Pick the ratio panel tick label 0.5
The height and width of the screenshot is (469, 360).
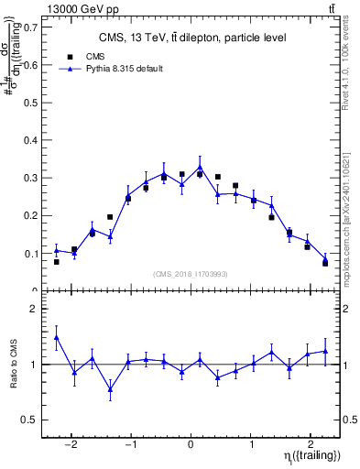click(31, 420)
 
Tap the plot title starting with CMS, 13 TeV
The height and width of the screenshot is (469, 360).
click(191, 38)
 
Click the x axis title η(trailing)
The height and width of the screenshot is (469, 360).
click(310, 454)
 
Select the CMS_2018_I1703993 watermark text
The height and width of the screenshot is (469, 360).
click(191, 273)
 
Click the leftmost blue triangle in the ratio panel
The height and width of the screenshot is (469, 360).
click(57, 337)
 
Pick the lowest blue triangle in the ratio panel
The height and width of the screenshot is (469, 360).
click(110, 389)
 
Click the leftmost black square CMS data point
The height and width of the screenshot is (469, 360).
click(57, 262)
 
